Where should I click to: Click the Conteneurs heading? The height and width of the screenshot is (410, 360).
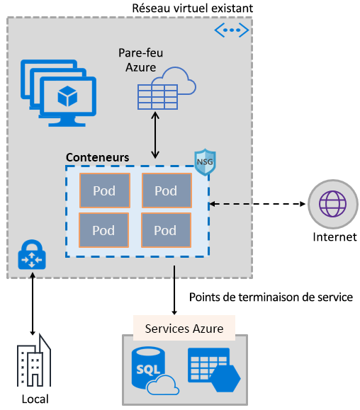pyautogui.click(x=98, y=156)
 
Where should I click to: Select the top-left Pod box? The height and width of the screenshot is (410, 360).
pyautogui.click(x=103, y=190)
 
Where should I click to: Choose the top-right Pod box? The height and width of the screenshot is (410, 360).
pyautogui.click(x=166, y=190)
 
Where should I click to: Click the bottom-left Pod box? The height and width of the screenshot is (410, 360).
pyautogui.click(x=103, y=229)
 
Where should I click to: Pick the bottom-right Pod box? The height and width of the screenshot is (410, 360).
pyautogui.click(x=166, y=229)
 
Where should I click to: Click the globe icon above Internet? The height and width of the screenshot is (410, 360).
pyautogui.click(x=332, y=205)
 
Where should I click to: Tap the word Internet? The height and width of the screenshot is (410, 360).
pyautogui.click(x=334, y=237)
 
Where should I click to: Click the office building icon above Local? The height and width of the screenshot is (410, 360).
pyautogui.click(x=34, y=360)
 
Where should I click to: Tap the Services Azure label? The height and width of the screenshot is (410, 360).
pyautogui.click(x=184, y=329)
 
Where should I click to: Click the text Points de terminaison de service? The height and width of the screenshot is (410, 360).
pyautogui.click(x=271, y=297)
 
